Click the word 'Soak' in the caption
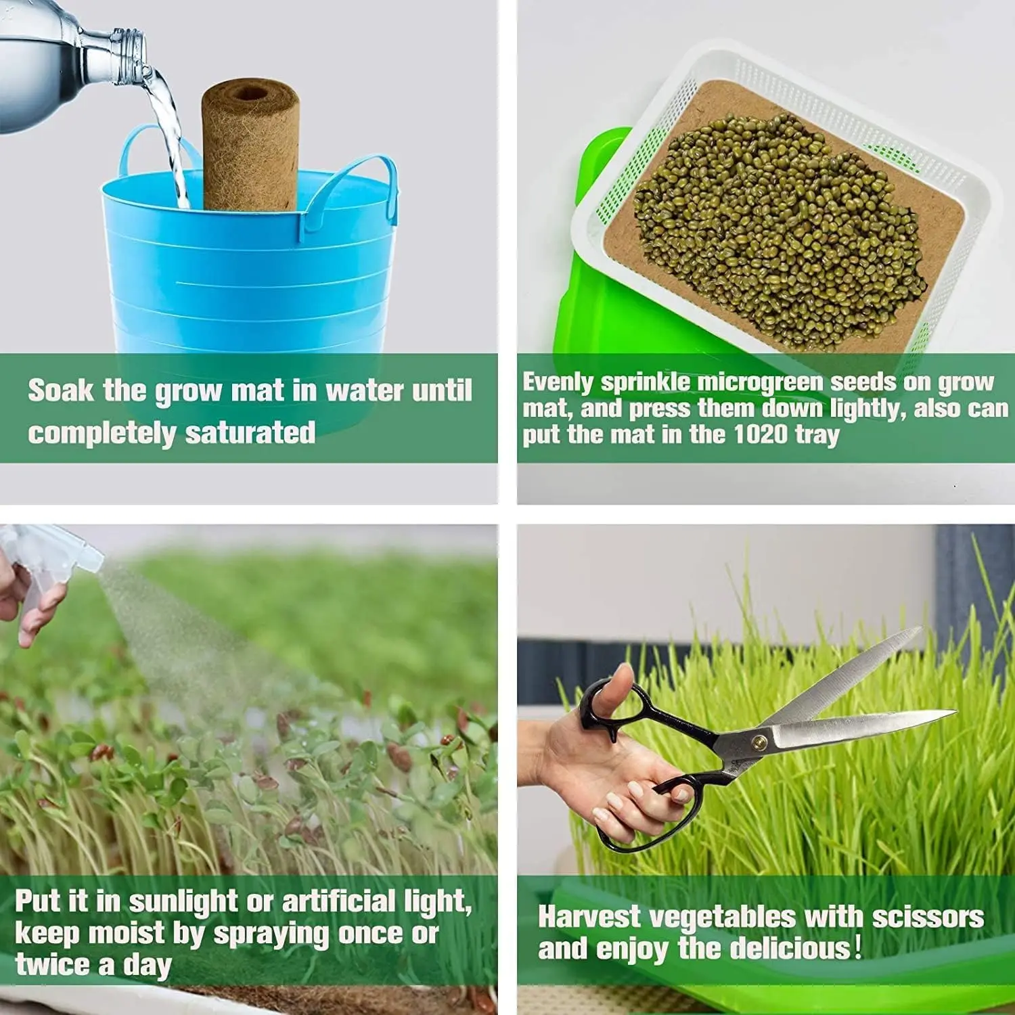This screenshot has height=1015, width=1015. pyautogui.click(x=60, y=390)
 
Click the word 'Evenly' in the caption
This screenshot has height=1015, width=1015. pyautogui.click(x=558, y=382)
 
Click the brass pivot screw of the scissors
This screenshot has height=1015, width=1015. pyautogui.click(x=759, y=742)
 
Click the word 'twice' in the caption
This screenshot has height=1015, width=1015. pyautogui.click(x=54, y=964)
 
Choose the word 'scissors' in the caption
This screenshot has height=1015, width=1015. pyautogui.click(x=927, y=918)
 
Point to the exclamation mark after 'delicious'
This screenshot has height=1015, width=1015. pyautogui.click(x=858, y=947)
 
